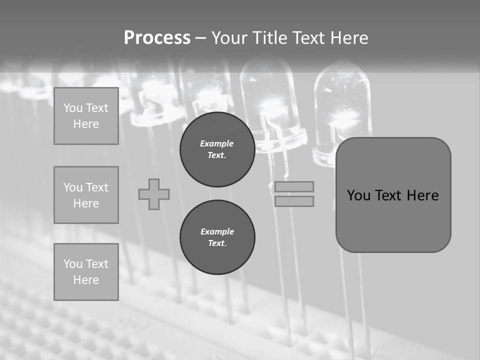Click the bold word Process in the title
157,38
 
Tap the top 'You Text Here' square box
86,116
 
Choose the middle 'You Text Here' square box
86,195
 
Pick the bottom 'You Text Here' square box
86,272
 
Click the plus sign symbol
154,194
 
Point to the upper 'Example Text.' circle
217,149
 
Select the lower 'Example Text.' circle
217,237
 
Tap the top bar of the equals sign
294,186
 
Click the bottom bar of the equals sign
294,201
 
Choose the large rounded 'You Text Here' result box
393,195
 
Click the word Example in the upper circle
217,143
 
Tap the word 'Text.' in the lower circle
217,243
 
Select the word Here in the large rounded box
422,195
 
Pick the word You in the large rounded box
358,195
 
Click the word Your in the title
230,38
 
